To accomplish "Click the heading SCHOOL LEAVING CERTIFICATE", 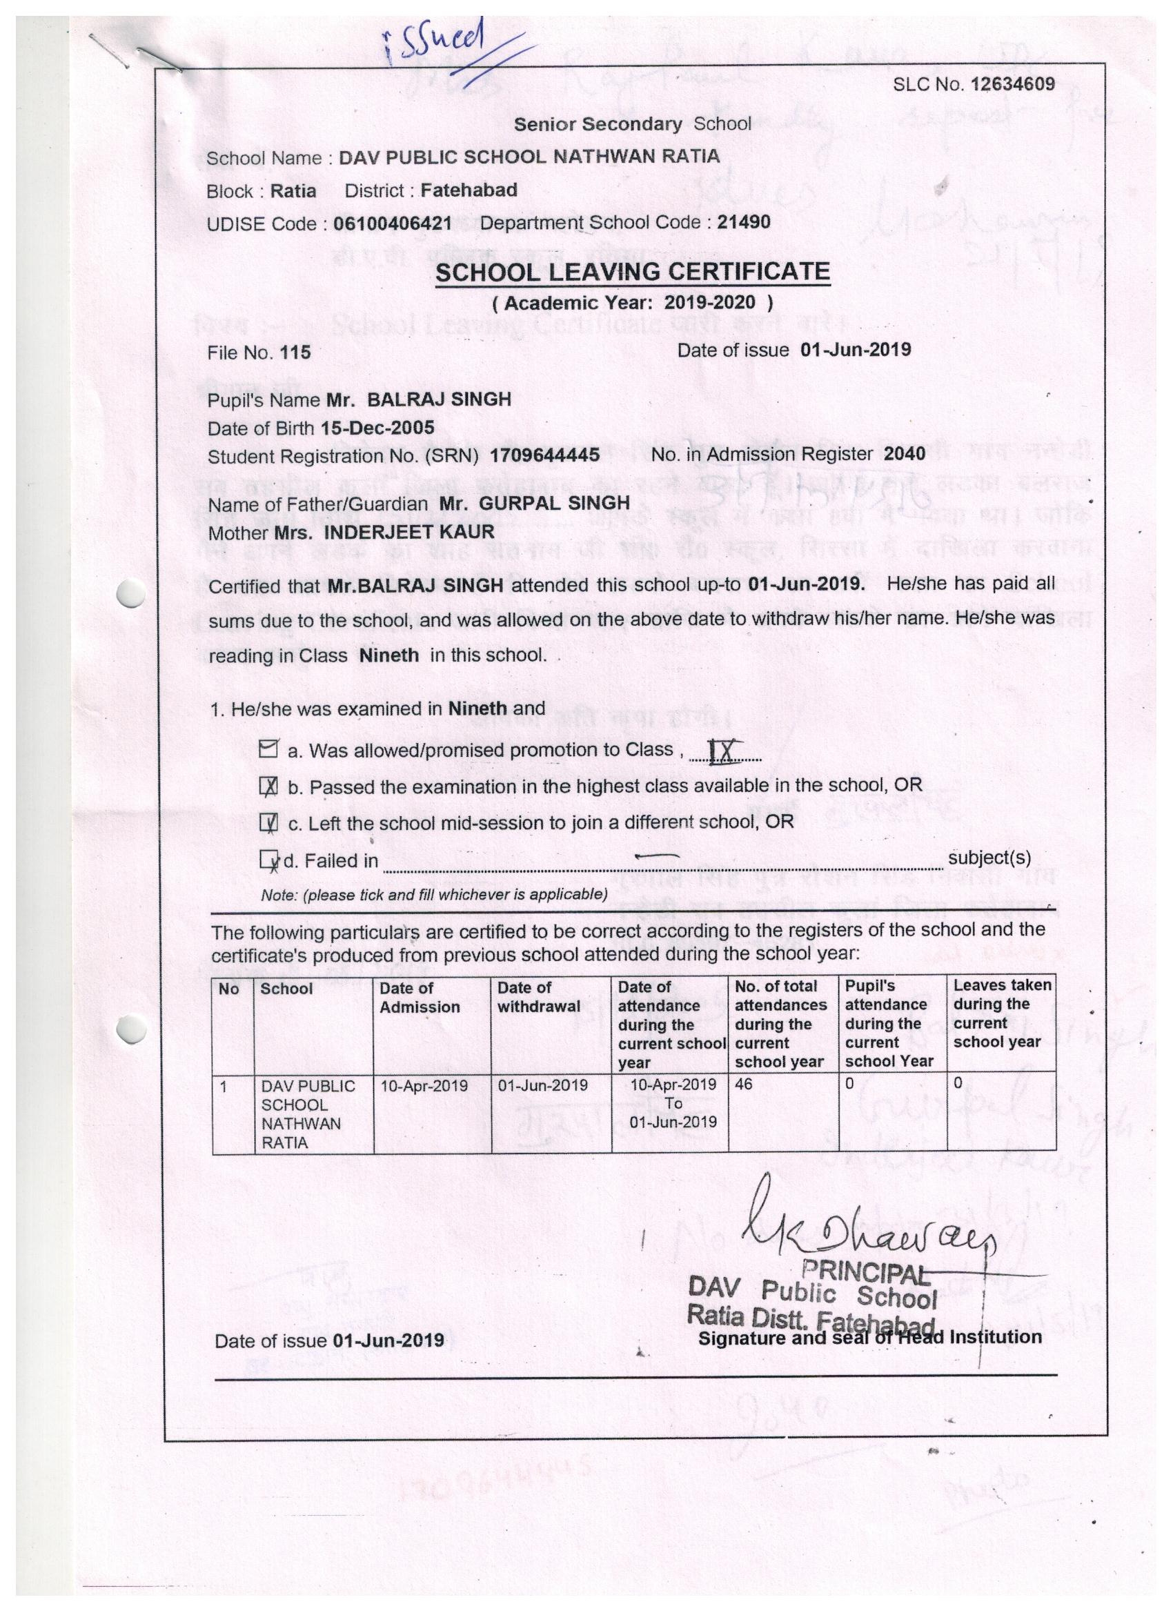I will click(x=632, y=272).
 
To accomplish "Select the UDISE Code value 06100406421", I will click(x=393, y=224).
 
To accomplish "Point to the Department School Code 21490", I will click(x=743, y=222).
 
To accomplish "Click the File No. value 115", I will click(x=296, y=353).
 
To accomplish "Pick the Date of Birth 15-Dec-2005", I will click(x=377, y=428).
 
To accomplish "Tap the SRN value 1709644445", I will click(x=546, y=455).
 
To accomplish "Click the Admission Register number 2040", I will click(x=904, y=454).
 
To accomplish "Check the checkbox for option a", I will click(x=268, y=749).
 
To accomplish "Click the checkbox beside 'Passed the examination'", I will click(x=269, y=786).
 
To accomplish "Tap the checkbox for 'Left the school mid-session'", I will click(x=269, y=823).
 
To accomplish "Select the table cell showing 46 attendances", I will click(x=744, y=1084).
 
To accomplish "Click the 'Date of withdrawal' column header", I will click(x=538, y=996).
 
